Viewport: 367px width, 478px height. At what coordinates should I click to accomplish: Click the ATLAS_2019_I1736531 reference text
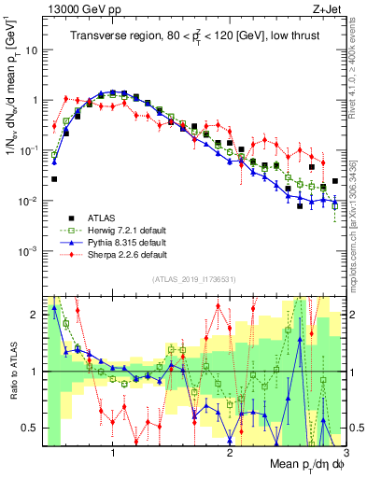(x=193, y=280)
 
